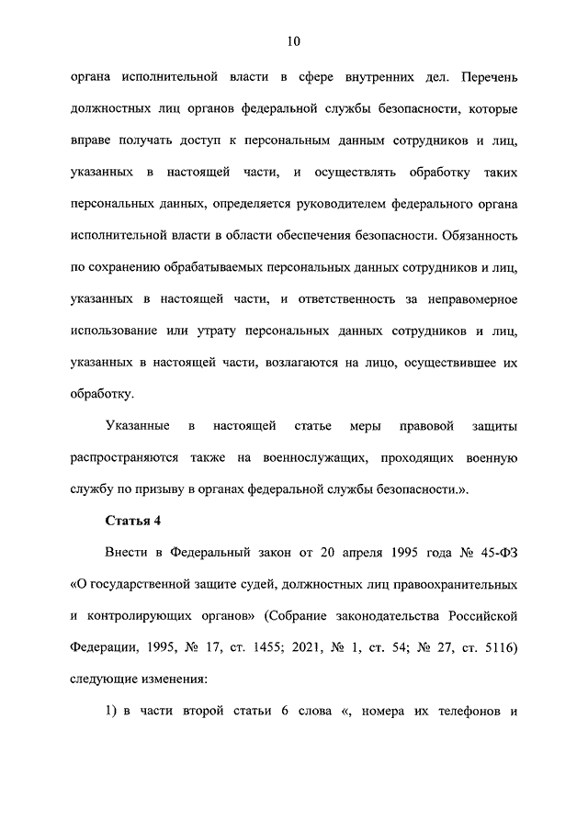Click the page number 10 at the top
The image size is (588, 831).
(293, 41)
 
